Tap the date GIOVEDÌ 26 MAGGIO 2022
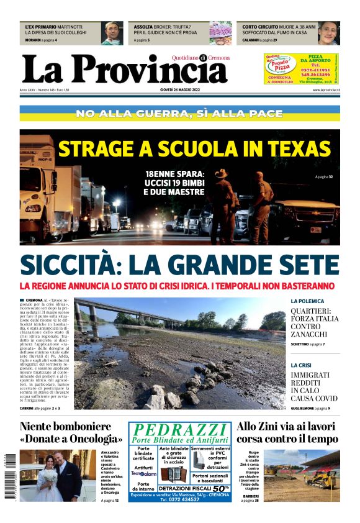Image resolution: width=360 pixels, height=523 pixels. click(179, 90)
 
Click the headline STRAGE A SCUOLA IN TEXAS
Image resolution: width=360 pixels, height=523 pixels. click(194, 149)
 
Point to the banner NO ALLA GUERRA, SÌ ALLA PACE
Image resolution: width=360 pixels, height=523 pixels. click(179, 114)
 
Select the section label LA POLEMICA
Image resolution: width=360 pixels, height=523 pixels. click(307, 301)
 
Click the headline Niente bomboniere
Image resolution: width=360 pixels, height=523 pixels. click(66, 427)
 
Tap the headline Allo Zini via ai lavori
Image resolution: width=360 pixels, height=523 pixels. click(286, 427)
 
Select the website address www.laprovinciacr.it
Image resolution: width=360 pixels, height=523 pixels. click(325, 90)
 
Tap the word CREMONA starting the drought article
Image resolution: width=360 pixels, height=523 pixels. click(34, 300)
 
